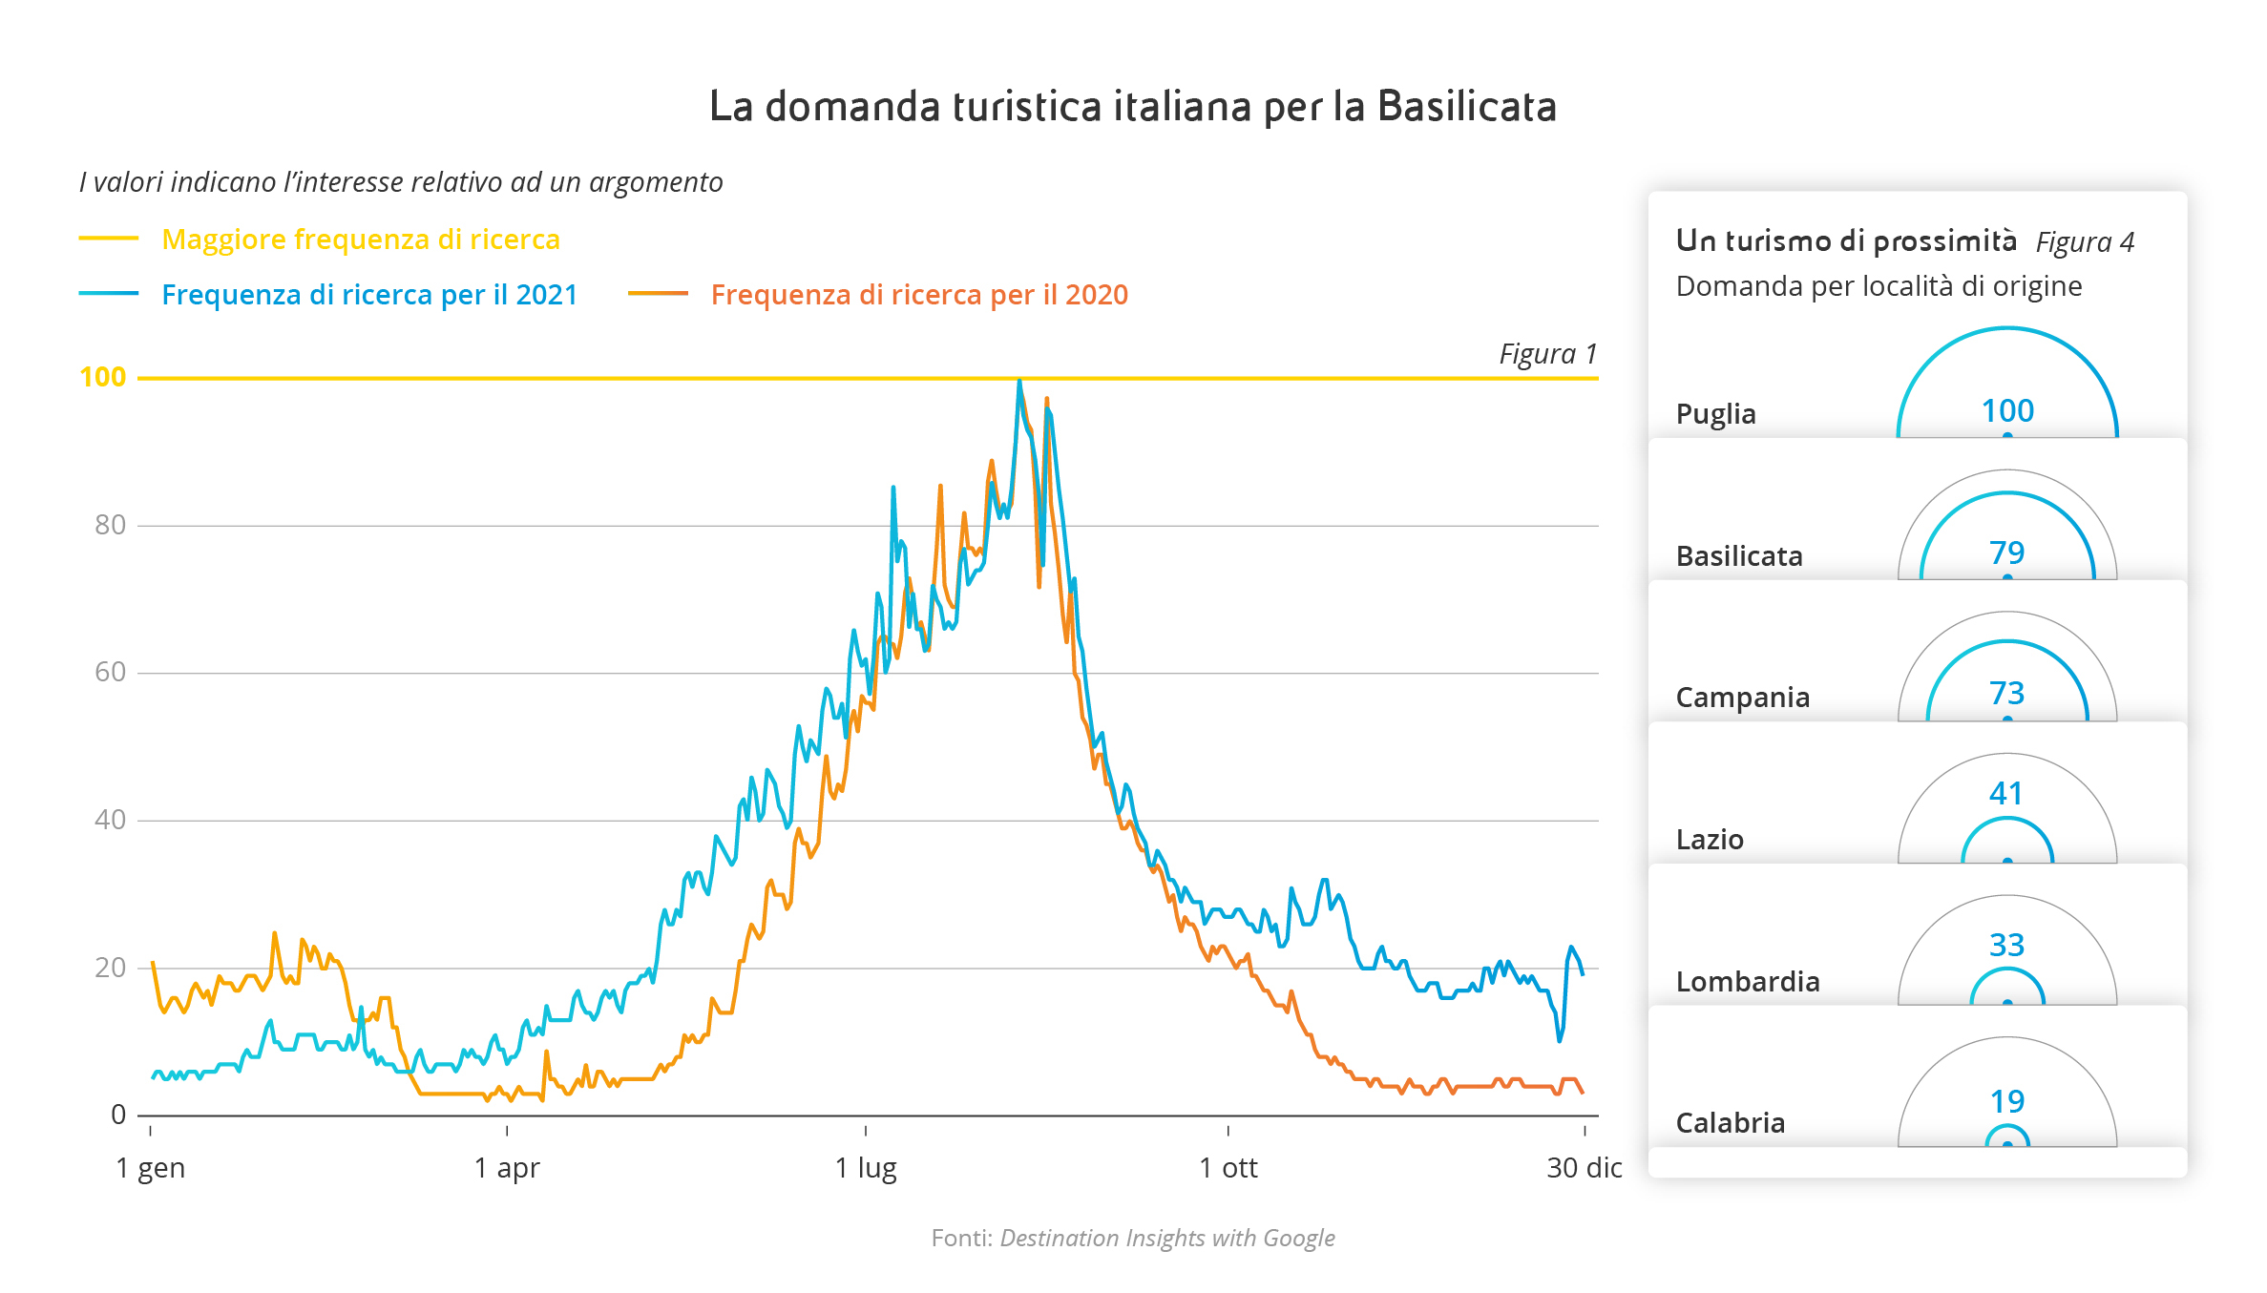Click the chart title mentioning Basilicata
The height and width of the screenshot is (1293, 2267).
[x=1133, y=106]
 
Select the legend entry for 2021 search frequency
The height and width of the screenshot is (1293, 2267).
[x=369, y=295]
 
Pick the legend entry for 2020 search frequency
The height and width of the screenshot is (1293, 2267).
[x=919, y=295]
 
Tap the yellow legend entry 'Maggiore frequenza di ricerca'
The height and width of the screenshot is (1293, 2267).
[x=361, y=240]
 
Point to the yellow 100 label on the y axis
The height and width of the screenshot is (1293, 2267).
[x=103, y=378]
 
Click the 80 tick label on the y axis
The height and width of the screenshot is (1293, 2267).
[x=110, y=525]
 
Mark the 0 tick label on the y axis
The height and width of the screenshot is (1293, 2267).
[x=118, y=1115]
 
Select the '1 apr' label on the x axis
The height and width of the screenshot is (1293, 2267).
[x=507, y=1168]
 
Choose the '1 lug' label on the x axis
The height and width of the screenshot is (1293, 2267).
[x=866, y=1168]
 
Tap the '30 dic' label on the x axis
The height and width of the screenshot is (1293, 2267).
[x=1584, y=1168]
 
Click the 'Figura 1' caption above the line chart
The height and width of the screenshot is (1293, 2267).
[x=1547, y=354]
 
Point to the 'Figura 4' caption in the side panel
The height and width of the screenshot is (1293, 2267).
[x=2085, y=242]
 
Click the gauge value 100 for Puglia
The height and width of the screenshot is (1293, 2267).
[x=2007, y=411]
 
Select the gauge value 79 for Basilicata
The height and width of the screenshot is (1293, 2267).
[x=2006, y=553]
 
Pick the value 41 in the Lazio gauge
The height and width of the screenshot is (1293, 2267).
[x=2006, y=794]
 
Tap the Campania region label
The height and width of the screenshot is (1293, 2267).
[x=1742, y=698]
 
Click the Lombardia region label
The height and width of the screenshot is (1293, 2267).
[x=1748, y=982]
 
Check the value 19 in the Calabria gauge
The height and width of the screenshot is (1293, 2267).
[x=2007, y=1102]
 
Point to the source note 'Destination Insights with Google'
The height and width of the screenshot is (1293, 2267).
[x=1166, y=1239]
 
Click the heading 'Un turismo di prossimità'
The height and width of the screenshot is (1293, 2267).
[x=1846, y=241]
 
